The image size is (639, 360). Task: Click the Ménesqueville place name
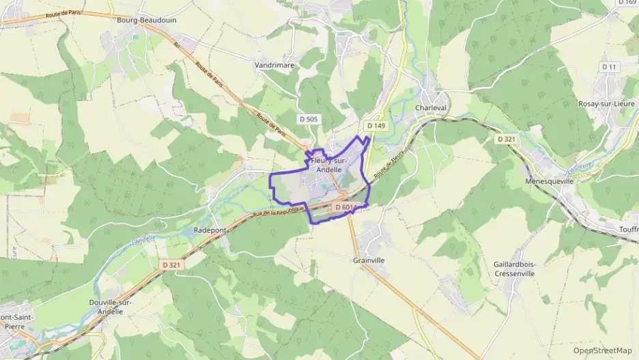click(550, 182)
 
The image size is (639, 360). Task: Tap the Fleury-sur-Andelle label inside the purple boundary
click(329, 165)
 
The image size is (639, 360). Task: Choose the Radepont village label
click(210, 230)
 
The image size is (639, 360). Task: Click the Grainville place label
click(369, 260)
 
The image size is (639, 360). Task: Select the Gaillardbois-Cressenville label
click(515, 268)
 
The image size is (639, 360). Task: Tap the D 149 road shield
click(375, 126)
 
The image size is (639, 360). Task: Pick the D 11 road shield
click(609, 66)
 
